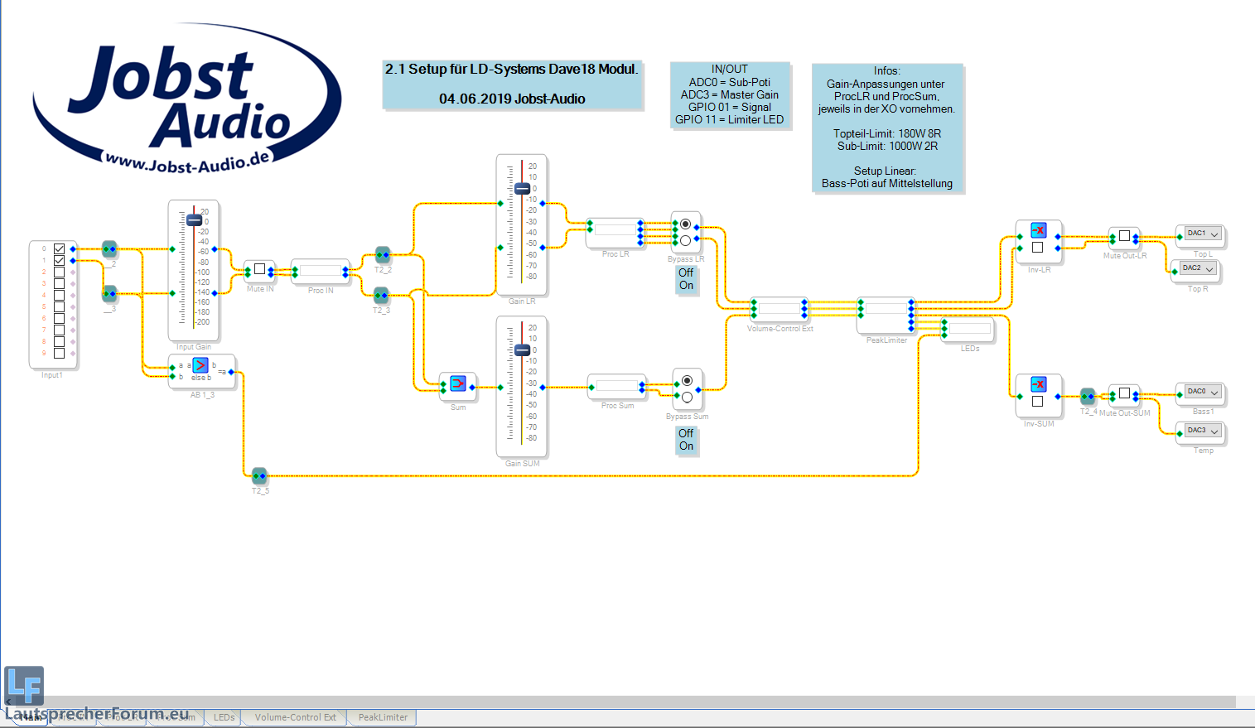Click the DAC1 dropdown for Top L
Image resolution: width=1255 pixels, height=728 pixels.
(x=1203, y=234)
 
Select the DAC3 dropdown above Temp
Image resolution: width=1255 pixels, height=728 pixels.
(x=1203, y=431)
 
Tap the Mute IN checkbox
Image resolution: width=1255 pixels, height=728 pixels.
(x=259, y=269)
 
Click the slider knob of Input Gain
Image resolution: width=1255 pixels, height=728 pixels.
(x=194, y=220)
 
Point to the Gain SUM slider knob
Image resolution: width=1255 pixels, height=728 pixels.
(x=522, y=350)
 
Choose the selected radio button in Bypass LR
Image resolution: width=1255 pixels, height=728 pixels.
(x=686, y=224)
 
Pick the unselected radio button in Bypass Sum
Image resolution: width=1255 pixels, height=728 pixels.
(x=687, y=397)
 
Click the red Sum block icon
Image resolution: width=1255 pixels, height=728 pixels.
(x=458, y=383)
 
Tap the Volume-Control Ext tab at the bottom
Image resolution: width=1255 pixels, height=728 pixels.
(x=295, y=717)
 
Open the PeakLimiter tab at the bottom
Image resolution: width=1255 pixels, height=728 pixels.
(x=383, y=717)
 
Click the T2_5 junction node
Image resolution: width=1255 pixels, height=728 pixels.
(x=259, y=475)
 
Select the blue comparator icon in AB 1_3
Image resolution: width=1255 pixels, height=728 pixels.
(x=200, y=365)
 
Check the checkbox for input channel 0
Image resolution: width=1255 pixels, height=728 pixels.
(x=59, y=248)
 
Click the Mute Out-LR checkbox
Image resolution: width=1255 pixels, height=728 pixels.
(x=1124, y=236)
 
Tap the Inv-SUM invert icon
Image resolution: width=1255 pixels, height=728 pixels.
(x=1038, y=384)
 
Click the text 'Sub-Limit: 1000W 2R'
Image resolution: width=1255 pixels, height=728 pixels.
(x=887, y=146)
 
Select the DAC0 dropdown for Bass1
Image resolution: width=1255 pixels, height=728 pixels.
(x=1203, y=392)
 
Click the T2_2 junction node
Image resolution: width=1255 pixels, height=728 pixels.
(x=382, y=254)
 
